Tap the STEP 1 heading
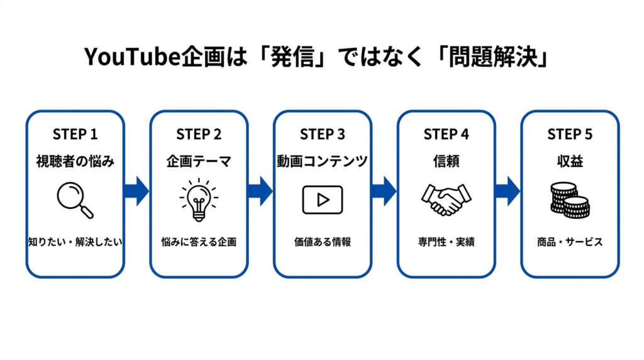75,134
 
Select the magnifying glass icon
75,200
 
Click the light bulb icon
198,200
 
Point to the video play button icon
322,200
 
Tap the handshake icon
446,199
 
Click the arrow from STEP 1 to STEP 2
136,191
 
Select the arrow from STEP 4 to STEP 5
508,191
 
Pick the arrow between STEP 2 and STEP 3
260,191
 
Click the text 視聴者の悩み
75,162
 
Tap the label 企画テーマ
198,162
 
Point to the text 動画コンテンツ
322,162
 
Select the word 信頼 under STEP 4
446,162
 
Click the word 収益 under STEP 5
570,162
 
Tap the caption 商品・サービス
570,242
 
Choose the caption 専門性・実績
446,242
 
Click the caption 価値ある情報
322,242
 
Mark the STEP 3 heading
322,134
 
